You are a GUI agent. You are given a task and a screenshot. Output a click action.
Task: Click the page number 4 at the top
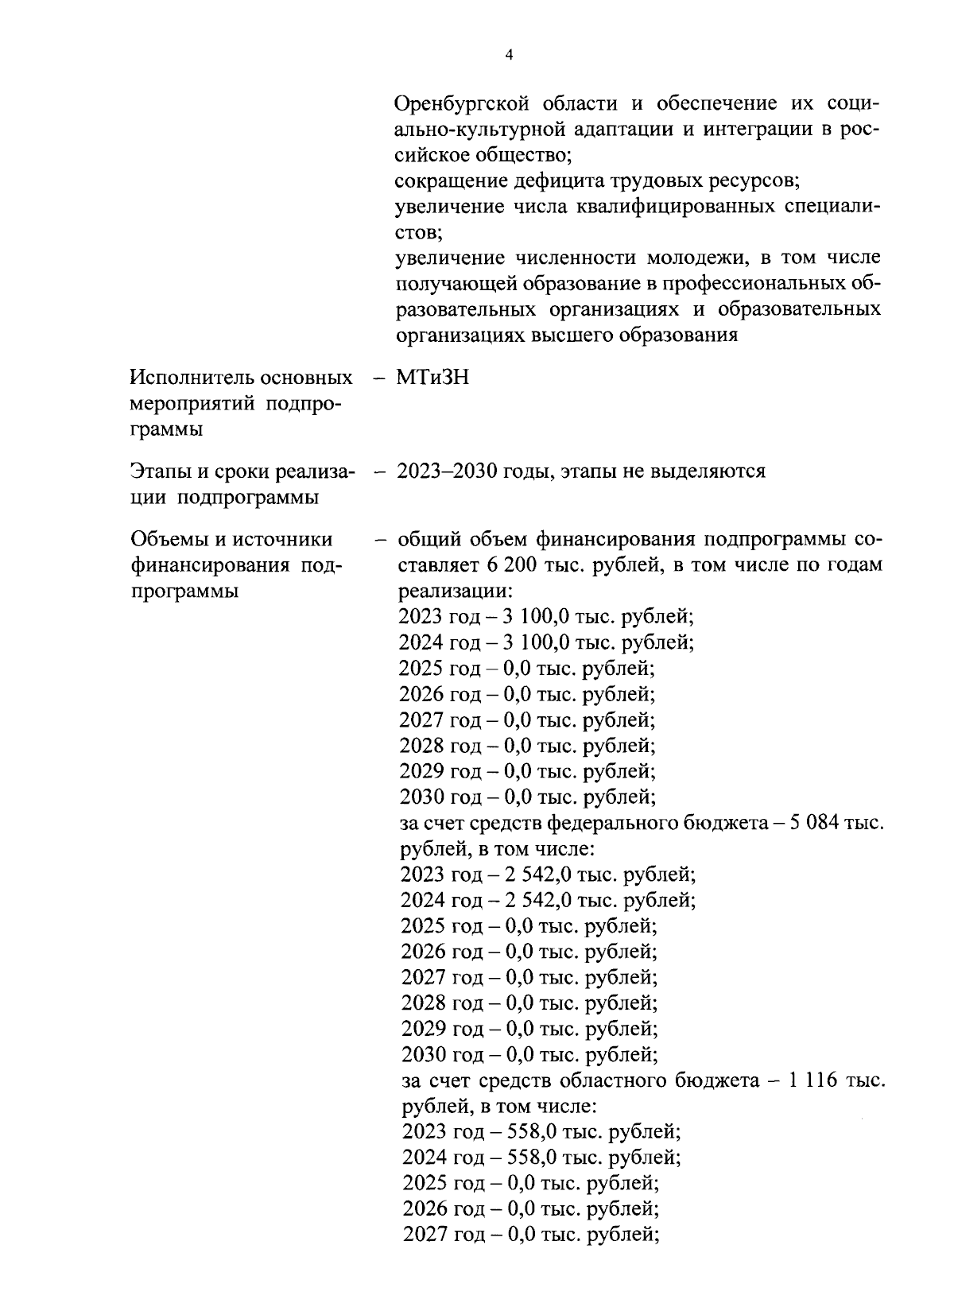[509, 54]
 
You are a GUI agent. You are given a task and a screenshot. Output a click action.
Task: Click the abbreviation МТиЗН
[432, 378]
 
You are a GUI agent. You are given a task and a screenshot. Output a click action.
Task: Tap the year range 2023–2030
[448, 471]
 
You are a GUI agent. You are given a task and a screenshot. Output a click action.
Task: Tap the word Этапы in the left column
[159, 471]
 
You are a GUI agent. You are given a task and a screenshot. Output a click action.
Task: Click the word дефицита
[554, 180]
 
